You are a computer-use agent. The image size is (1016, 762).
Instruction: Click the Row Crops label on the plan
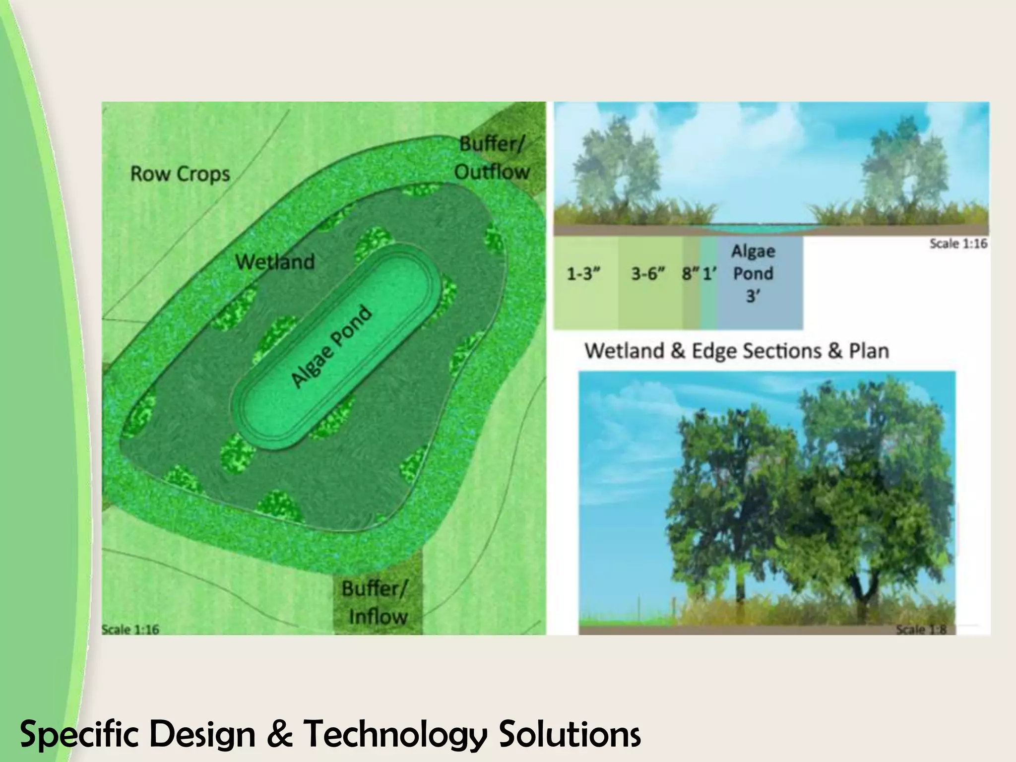[180, 174]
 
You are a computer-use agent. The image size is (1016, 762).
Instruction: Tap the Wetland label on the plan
[275, 261]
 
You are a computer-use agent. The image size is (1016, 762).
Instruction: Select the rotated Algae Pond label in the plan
[331, 347]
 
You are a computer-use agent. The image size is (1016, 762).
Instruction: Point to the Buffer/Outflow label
[492, 158]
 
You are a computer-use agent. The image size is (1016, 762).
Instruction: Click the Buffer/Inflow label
[376, 603]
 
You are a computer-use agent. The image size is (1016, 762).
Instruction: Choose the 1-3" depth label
[583, 273]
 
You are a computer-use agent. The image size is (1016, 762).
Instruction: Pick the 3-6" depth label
[648, 273]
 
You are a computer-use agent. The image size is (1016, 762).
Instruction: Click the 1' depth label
[709, 273]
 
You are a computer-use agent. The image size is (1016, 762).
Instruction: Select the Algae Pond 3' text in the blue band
[753, 273]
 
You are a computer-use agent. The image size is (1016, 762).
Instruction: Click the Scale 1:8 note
[921, 630]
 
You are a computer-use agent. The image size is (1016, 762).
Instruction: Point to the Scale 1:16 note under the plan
[130, 630]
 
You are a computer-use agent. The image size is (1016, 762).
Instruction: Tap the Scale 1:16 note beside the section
[958, 244]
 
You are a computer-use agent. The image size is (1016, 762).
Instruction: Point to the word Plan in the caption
[869, 351]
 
